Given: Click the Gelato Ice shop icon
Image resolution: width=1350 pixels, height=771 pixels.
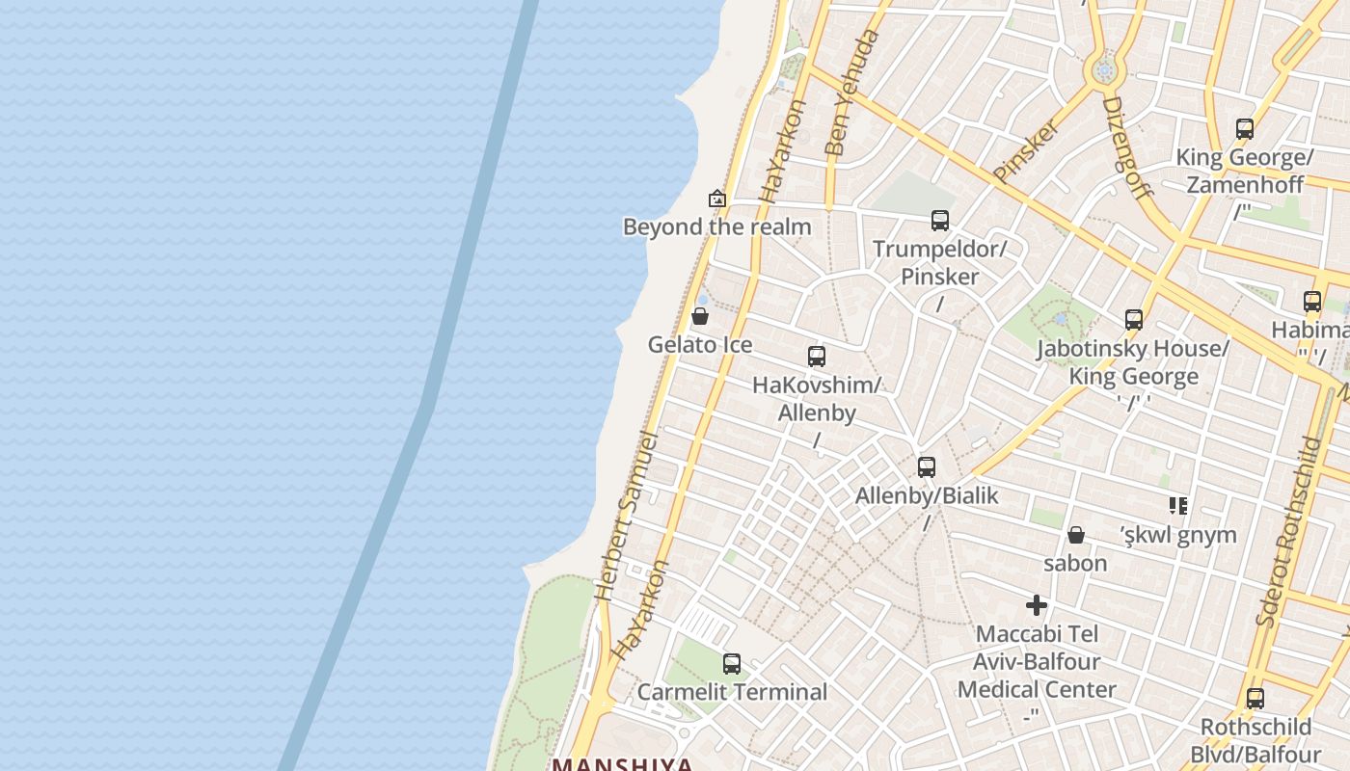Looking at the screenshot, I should point(700,316).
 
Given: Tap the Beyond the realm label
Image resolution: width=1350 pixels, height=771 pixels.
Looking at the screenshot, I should point(716,227).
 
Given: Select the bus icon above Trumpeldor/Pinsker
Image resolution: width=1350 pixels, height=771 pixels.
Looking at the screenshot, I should point(940,221).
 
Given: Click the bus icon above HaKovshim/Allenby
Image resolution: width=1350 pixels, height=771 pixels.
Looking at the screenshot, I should point(817,357).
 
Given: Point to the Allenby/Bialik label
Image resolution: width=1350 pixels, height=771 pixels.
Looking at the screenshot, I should point(927,495).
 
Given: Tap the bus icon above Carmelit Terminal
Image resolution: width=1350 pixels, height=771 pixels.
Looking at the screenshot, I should point(732,663).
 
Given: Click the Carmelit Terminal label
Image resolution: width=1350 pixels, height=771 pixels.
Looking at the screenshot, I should point(732,692).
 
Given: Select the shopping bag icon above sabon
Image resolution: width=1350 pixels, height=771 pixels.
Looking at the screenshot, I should point(1076,535).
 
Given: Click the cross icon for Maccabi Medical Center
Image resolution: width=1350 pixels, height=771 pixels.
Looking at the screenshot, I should point(1037,605).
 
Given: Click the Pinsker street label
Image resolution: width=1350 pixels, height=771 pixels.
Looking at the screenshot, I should point(1027,150).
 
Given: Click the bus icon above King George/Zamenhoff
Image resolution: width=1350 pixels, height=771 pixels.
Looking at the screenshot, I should point(1245,128).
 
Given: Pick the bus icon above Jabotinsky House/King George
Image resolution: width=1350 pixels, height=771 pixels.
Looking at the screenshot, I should point(1134,319).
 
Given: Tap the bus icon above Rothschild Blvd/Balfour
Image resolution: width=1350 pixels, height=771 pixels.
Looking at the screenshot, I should point(1255,699).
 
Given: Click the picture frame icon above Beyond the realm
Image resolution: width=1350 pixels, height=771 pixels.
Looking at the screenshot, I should point(717,199).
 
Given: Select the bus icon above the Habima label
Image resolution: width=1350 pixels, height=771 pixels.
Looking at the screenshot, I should point(1312,302).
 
